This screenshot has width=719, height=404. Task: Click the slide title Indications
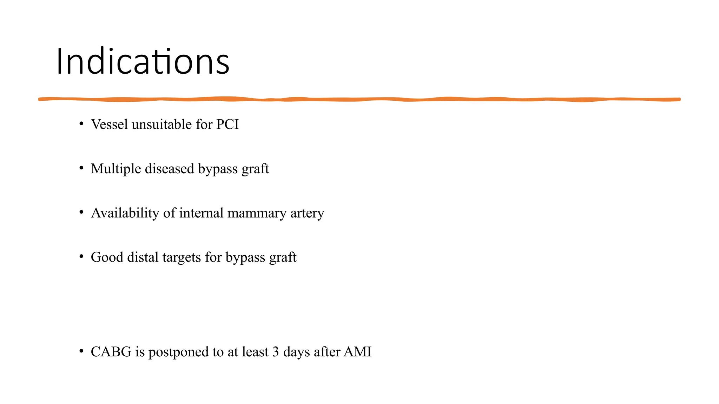click(x=143, y=62)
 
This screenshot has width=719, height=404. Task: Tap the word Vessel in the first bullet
click(x=109, y=124)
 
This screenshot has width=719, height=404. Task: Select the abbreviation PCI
click(x=227, y=124)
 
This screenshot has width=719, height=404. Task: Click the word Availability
click(x=125, y=213)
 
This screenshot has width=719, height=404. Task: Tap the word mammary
click(x=257, y=213)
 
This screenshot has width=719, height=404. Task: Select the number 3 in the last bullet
click(x=276, y=352)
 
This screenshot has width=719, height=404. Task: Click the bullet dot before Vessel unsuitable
click(x=81, y=123)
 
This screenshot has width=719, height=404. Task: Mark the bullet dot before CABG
click(x=81, y=351)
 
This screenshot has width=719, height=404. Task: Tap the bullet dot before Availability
click(x=81, y=212)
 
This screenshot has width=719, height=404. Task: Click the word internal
click(x=201, y=213)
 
